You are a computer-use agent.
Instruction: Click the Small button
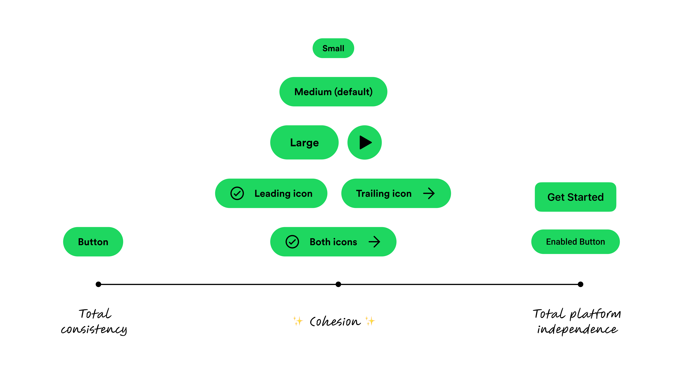click(333, 48)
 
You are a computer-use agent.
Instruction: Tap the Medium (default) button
click(333, 92)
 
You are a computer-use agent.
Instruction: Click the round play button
click(365, 142)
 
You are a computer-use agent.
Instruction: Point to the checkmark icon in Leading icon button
click(237, 193)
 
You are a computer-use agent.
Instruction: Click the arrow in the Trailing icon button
click(429, 193)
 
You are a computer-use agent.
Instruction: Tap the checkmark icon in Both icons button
click(292, 242)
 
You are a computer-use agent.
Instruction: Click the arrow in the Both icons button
click(374, 242)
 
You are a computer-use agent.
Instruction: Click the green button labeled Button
click(93, 242)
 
